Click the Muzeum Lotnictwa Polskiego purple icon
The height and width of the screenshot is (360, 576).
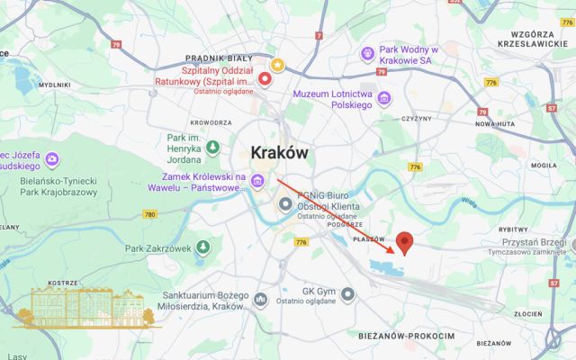coord(384,97)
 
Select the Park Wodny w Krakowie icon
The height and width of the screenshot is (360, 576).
coord(367,54)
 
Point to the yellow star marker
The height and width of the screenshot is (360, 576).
coord(278,65)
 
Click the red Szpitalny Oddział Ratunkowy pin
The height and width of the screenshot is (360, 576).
coord(265,79)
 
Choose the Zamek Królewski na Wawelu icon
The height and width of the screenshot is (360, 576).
coord(258,183)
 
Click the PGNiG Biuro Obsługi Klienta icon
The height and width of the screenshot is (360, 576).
coord(286,205)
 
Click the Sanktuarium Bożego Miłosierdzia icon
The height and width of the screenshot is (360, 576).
coord(261,299)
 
